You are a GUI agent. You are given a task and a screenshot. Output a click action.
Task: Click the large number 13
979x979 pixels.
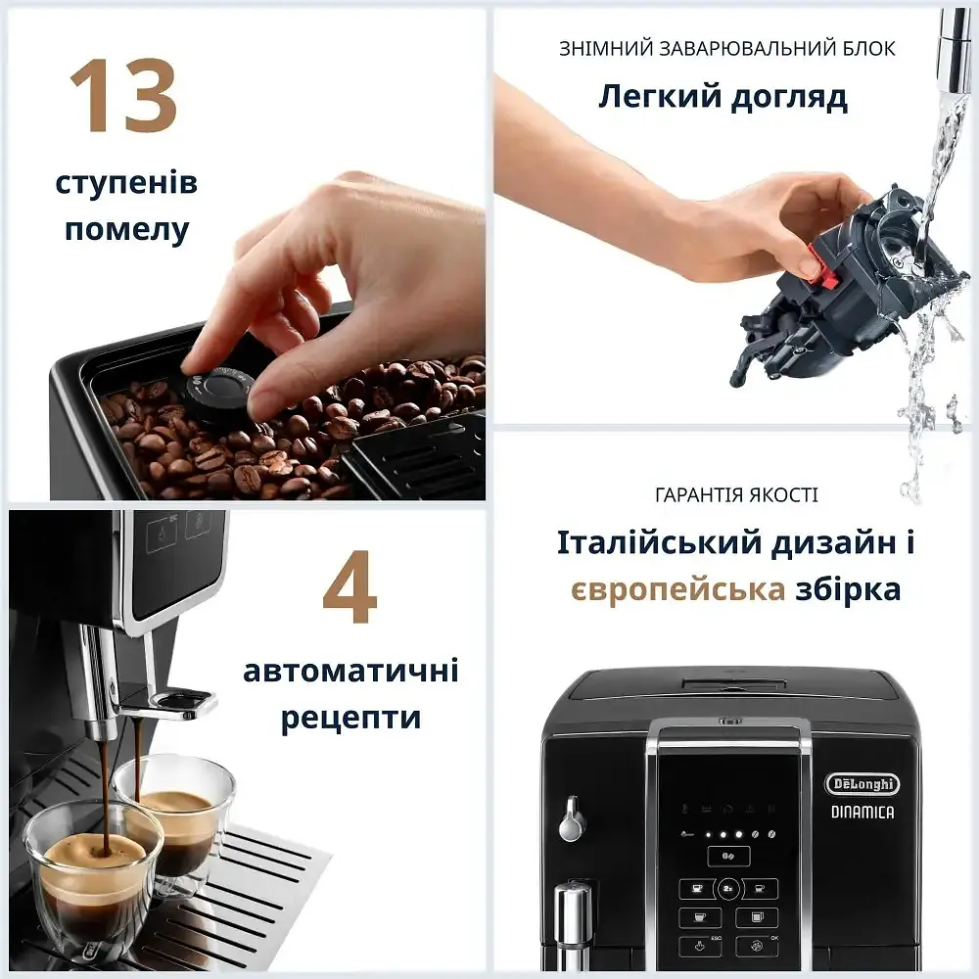point(123,97)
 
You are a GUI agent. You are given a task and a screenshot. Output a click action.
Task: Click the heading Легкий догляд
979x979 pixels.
point(723,97)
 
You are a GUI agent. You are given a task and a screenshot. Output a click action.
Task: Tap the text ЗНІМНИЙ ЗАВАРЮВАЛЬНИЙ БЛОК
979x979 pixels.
point(726,48)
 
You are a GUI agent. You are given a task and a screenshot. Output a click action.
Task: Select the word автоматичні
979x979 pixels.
point(350,672)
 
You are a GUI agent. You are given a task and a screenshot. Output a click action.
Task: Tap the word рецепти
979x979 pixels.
point(350,718)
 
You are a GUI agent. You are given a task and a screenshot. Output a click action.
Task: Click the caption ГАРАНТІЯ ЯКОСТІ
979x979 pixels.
point(736,495)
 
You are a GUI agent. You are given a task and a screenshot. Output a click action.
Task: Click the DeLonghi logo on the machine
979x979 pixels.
point(862,783)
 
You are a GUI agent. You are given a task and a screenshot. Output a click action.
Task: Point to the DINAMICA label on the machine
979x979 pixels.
point(862,811)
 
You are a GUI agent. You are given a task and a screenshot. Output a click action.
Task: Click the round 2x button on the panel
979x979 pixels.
point(729,889)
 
